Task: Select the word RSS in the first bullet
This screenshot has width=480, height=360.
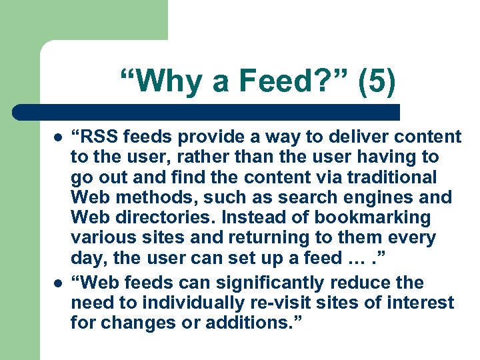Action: tap(100, 137)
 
